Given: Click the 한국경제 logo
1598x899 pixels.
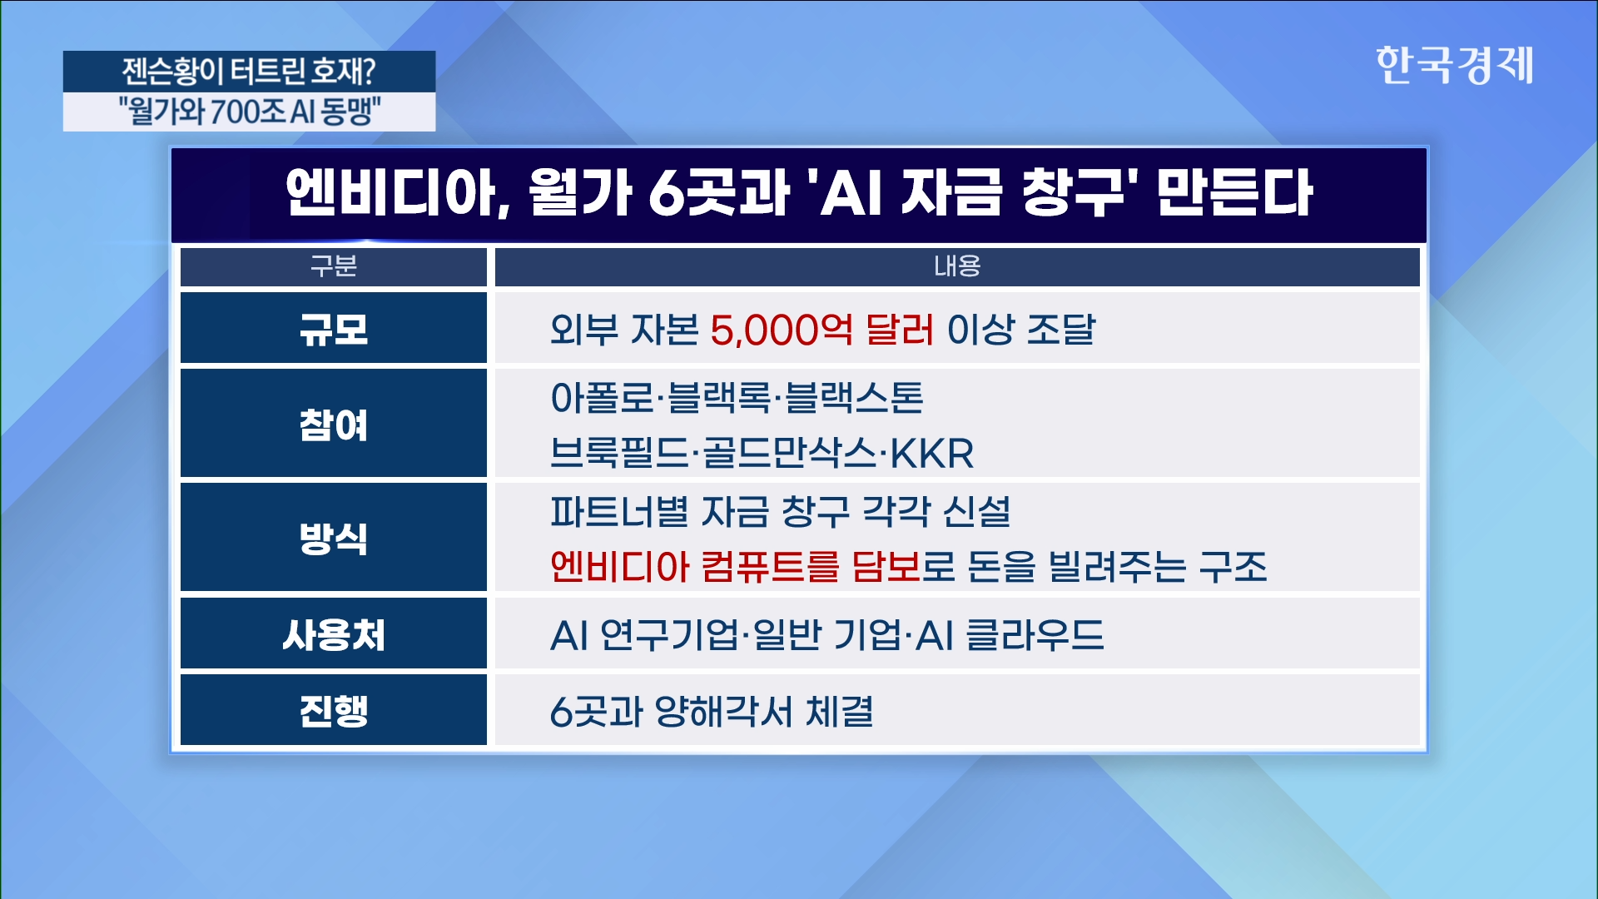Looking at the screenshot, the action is (1454, 65).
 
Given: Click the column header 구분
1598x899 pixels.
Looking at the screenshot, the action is (333, 266).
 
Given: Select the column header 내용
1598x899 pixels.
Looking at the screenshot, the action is (957, 266).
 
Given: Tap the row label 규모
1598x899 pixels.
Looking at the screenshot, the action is (334, 329).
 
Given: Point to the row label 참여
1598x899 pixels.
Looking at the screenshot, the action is (334, 425).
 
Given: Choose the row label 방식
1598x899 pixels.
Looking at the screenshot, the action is (334, 538).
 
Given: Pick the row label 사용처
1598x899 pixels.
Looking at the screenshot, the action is (334, 635).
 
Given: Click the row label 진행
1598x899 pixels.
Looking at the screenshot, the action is (334, 711).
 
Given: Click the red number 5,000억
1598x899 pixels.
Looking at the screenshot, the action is (782, 330).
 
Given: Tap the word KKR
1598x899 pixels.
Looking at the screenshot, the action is (932, 454).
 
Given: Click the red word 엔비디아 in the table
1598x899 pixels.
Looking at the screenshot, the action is (620, 567).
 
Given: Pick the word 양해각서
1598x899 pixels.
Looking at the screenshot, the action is (724, 712).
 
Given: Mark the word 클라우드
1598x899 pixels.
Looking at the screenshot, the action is (1035, 635).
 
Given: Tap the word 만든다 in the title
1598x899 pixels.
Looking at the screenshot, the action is (1235, 192).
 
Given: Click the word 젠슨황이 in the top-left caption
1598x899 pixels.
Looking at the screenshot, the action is (172, 72).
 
